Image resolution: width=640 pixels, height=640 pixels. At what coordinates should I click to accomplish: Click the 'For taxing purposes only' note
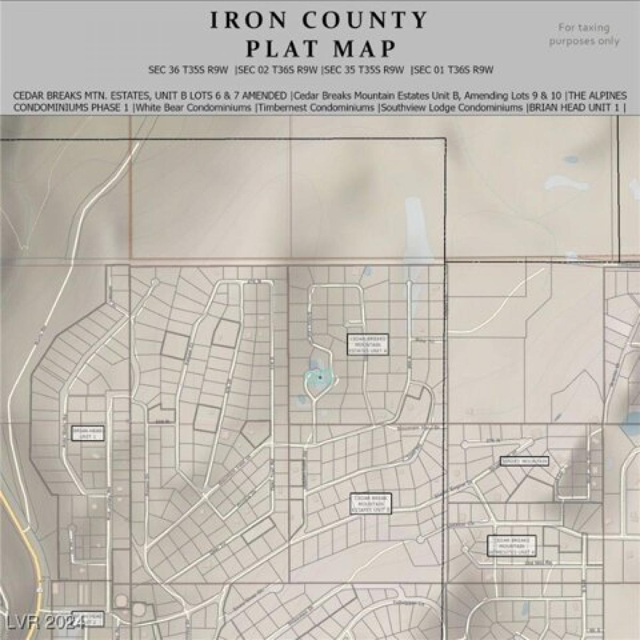(584, 34)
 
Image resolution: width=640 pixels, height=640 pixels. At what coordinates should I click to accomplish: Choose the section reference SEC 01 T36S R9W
(452, 69)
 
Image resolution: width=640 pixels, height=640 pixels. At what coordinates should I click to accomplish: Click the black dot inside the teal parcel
(320, 377)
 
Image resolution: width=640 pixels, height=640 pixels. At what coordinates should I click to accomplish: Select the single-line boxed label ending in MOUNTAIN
(524, 461)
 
